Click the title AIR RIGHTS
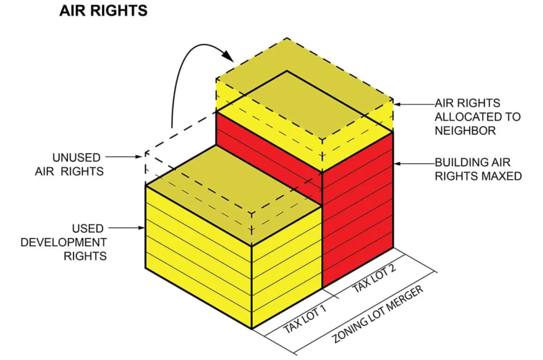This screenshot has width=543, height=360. [103, 11]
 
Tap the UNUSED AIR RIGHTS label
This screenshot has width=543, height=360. [69, 164]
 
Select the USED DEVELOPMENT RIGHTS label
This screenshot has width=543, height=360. [64, 242]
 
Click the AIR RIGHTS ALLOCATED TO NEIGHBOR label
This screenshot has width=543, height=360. [478, 117]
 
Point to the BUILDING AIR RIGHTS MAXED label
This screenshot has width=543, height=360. [478, 169]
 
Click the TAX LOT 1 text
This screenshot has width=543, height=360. [305, 319]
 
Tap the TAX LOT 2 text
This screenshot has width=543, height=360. [374, 279]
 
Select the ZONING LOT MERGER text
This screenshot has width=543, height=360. [378, 314]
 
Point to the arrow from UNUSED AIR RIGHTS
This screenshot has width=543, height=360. [124, 157]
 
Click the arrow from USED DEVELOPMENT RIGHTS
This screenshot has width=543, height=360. [126, 228]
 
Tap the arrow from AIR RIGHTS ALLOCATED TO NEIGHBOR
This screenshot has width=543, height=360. [414, 104]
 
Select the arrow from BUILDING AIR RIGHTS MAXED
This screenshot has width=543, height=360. [414, 163]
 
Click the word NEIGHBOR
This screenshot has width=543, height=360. [465, 131]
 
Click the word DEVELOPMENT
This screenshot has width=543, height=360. [64, 242]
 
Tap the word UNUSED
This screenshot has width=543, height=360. [76, 157]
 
